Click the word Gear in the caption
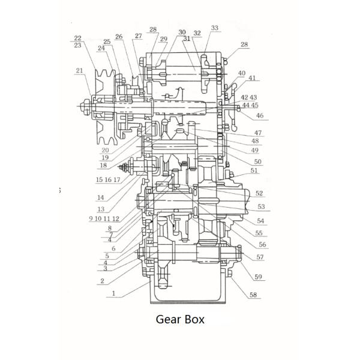167,319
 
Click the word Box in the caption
194,319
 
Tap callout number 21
79,70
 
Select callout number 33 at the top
214,28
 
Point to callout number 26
119,37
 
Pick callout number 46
260,115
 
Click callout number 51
254,170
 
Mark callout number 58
253,295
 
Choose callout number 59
258,277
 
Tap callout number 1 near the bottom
113,293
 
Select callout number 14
101,197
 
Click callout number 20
105,151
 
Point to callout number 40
242,73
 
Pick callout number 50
258,161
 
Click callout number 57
260,257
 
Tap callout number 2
103,281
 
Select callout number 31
187,38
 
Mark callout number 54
260,221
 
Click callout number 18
103,165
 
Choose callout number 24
101,48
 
